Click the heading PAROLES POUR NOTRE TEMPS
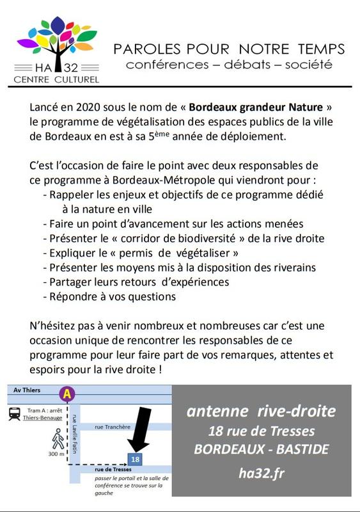(x=228, y=49)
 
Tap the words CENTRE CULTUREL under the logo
(x=57, y=80)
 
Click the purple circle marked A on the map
(x=67, y=394)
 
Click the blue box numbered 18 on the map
(x=134, y=459)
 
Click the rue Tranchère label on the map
(x=111, y=426)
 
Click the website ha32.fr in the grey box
(x=261, y=474)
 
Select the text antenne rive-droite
(x=261, y=411)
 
